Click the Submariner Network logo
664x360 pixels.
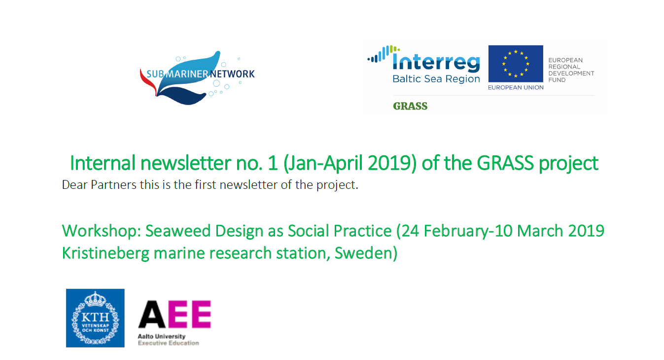pyautogui.click(x=197, y=78)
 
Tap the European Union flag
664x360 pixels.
pyautogui.click(x=516, y=64)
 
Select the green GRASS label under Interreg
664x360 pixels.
pyautogui.click(x=410, y=106)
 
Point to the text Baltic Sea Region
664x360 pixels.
pyautogui.click(x=436, y=79)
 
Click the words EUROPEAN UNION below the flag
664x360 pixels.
pyautogui.click(x=516, y=87)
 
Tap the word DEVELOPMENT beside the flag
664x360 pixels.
pyautogui.click(x=571, y=73)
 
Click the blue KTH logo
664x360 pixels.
pyautogui.click(x=95, y=318)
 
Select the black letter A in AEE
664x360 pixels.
pyautogui.click(x=151, y=314)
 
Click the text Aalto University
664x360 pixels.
pyautogui.click(x=162, y=336)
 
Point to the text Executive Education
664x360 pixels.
pyautogui.click(x=169, y=343)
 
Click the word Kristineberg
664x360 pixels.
pyautogui.click(x=105, y=253)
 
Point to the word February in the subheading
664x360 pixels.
pyautogui.click(x=456, y=231)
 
